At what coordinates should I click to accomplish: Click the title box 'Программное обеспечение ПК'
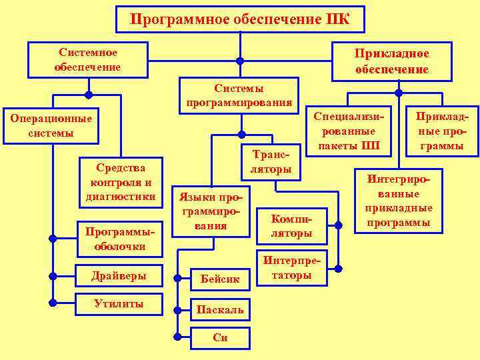pos(241,19)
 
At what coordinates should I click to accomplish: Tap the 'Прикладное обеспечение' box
pos(391,61)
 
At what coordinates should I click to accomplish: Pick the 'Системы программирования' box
pos(239,95)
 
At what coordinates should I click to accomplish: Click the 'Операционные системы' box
pos(51,126)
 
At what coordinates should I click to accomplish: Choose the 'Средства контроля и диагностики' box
pos(121,181)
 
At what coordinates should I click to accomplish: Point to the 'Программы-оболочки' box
pos(121,238)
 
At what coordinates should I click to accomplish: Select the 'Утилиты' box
pos(119,304)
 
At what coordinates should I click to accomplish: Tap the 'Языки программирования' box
pos(211,211)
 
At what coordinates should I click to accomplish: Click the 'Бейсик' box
pos(220,279)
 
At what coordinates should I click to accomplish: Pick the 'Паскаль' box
pos(220,309)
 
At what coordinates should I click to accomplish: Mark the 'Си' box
pos(220,337)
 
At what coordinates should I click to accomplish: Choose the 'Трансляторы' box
pos(270,162)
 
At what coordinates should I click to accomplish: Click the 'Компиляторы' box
pos(291,226)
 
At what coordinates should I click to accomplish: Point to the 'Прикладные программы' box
pos(438,131)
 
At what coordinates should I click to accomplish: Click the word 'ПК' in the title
pos(337,19)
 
